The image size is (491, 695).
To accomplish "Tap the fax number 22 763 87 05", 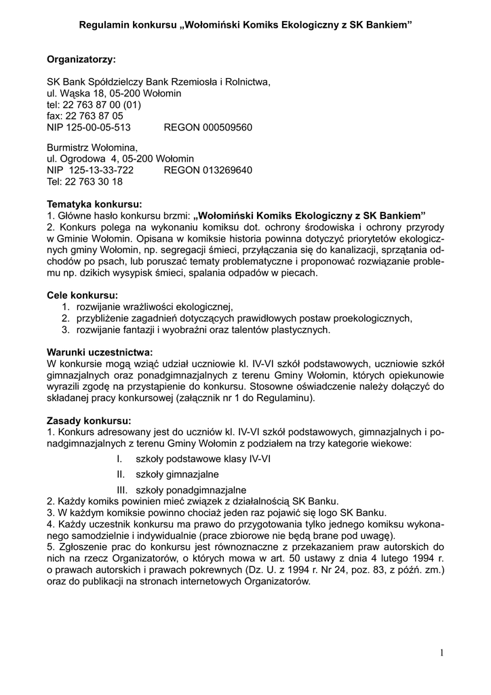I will coord(94,116).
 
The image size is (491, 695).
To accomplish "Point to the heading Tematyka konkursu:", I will coord(94,204).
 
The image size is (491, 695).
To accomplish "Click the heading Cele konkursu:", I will coord(82,295).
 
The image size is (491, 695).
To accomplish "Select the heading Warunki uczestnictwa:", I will coord(100,352).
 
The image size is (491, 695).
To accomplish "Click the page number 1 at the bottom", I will coord(441,653).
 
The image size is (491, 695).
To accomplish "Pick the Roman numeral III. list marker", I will coord(122,489).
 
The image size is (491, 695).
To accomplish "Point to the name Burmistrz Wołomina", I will coord(92,147).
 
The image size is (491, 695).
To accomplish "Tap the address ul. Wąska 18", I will coord(77,94).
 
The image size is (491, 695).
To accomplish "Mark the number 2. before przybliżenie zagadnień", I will coord(66,318).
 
